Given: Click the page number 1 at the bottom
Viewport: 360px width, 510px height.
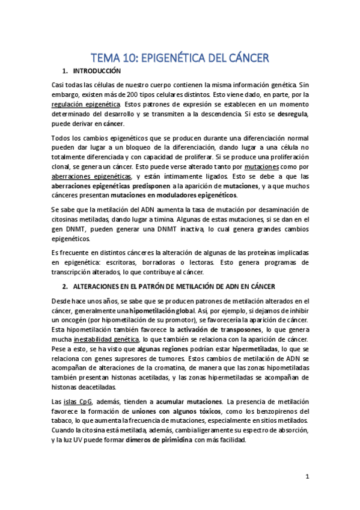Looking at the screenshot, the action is coord(307,477).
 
